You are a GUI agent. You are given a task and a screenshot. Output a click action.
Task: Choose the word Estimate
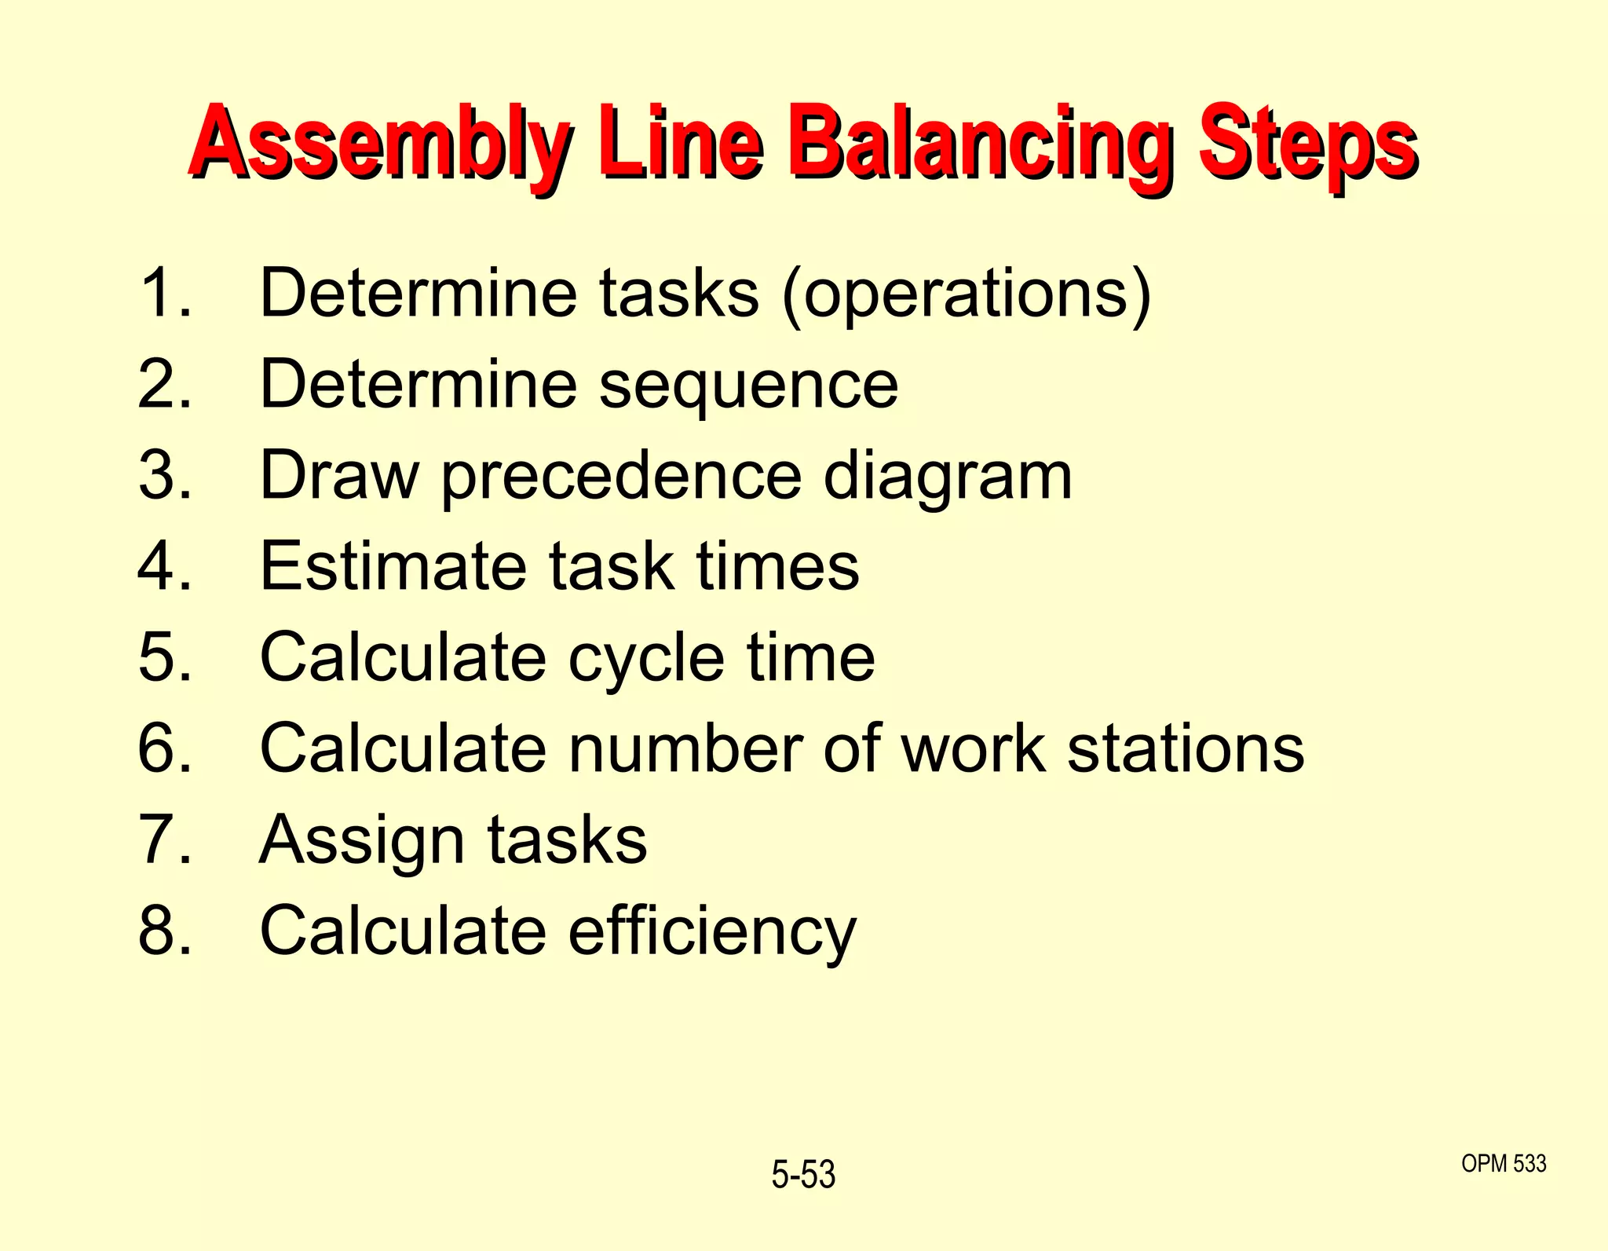393,566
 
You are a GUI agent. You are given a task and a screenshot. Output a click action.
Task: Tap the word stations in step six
1186,748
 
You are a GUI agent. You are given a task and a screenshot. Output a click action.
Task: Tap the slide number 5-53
803,1175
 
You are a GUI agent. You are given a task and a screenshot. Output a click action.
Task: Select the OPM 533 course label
1504,1163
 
